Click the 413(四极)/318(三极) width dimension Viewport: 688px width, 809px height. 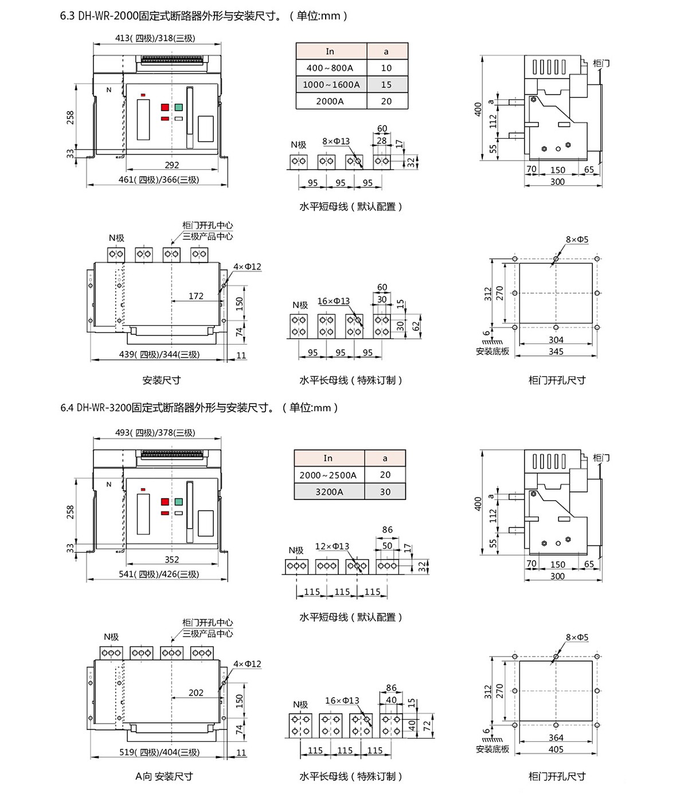tap(155, 38)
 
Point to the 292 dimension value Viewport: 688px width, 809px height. tap(172, 165)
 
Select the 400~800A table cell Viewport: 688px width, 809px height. tap(330, 68)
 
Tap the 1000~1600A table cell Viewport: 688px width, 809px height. tap(331, 84)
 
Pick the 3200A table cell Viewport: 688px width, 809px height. tap(329, 491)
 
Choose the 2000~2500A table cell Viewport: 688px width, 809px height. tap(328, 475)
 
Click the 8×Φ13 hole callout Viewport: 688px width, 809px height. tap(336, 141)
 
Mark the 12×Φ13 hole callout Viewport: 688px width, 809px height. tap(332, 546)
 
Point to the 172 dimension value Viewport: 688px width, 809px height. tap(196, 296)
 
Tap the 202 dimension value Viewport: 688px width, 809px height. tap(196, 693)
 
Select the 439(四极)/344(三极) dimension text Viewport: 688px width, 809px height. tap(159, 354)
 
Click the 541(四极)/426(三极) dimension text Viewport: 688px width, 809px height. tap(159, 574)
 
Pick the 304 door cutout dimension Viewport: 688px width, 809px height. tap(556, 340)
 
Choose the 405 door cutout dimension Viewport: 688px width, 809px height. tap(556, 749)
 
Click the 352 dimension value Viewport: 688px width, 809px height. tap(172, 559)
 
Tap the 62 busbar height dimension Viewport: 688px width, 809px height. tap(416, 325)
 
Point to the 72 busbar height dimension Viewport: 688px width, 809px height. tap(427, 725)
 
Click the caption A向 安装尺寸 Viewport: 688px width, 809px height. tap(165, 776)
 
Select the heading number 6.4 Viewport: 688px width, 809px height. tap(67, 408)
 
